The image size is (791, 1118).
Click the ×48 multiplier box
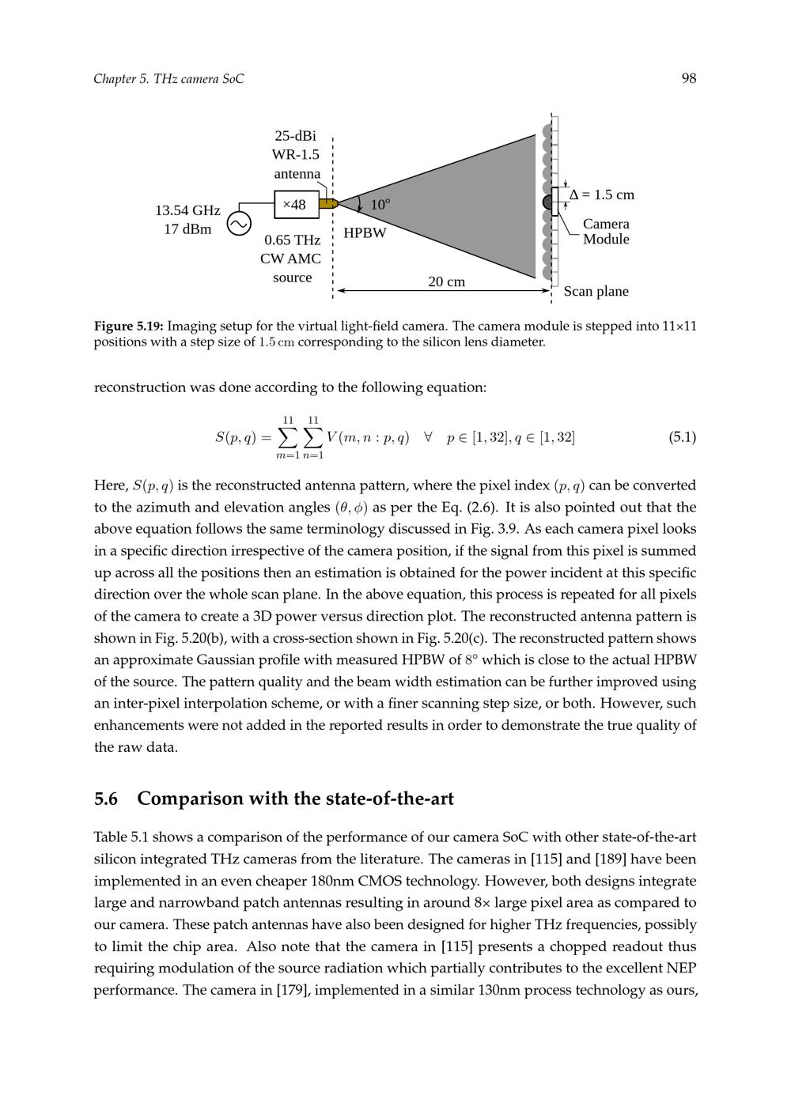click(297, 205)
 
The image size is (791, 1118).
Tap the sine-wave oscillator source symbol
click(239, 224)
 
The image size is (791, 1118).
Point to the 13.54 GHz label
click(187, 210)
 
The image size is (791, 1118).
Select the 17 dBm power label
click(187, 229)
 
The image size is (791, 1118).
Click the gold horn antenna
click(328, 204)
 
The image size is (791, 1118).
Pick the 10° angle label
click(380, 205)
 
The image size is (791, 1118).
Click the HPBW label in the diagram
click(365, 233)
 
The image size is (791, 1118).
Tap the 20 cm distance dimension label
click(446, 281)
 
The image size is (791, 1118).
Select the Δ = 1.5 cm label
click(602, 195)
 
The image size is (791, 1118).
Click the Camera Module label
click(606, 232)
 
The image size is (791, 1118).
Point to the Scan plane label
click(596, 291)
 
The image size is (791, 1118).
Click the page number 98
click(689, 78)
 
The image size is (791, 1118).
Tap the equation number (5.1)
click(682, 437)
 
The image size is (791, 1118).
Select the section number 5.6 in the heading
click(106, 799)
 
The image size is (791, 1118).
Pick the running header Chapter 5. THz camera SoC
click(168, 78)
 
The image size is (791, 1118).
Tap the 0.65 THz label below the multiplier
click(292, 240)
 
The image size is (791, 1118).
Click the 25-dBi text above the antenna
click(295, 136)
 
